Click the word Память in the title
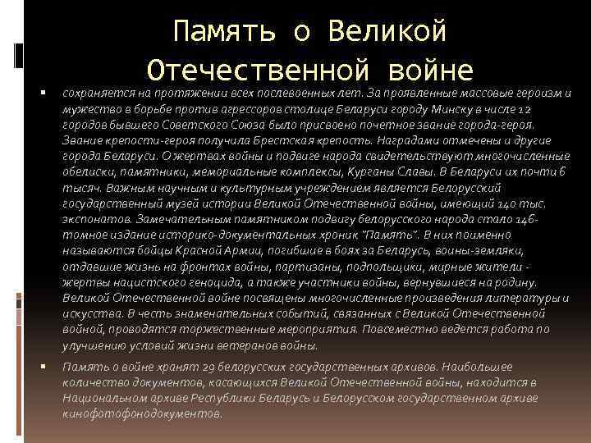[221, 32]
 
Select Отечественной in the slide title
[259, 69]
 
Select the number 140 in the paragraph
[509, 203]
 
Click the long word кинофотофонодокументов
[141, 413]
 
